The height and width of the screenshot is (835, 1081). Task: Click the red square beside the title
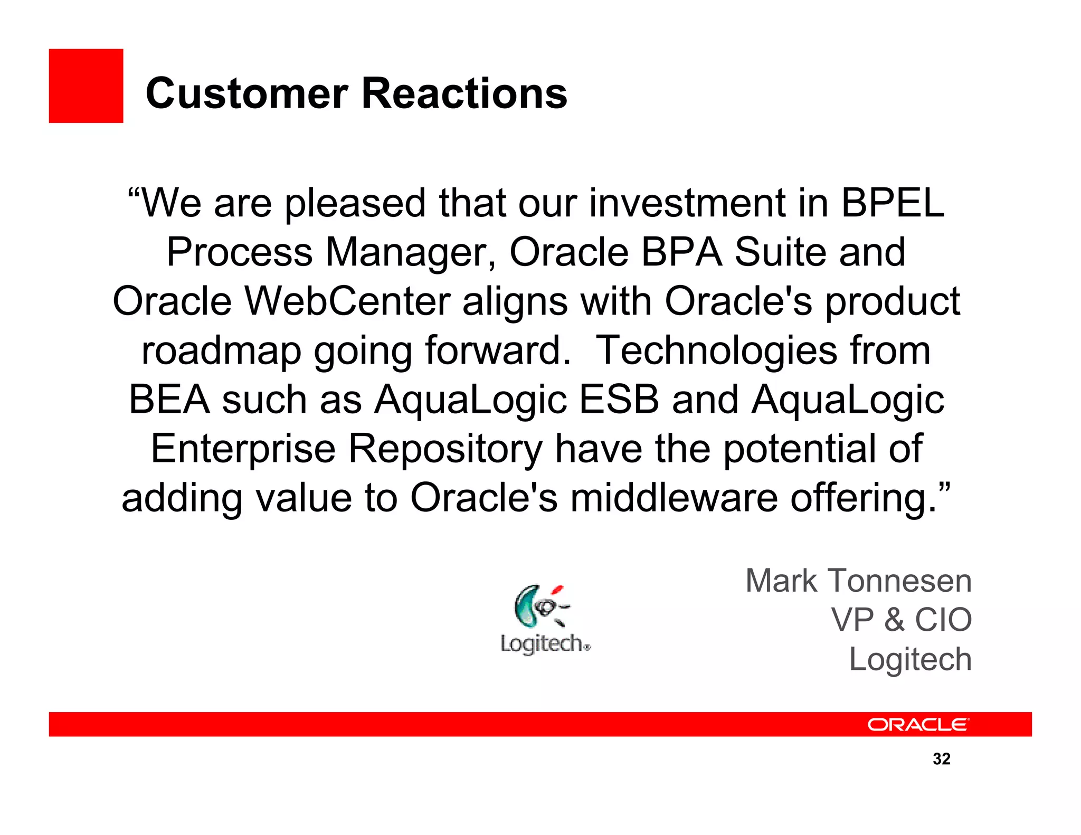coord(86,86)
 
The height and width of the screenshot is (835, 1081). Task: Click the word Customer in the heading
coord(246,93)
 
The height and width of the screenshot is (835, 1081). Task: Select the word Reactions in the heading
coord(464,93)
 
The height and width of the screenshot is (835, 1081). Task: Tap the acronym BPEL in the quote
coord(892,203)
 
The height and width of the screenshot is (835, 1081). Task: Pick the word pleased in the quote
coord(355,204)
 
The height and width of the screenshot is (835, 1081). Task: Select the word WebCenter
coord(348,301)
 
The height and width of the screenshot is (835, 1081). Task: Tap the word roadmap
coord(221,351)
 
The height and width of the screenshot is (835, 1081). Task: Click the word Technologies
coord(716,351)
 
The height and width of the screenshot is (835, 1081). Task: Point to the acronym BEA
coord(169,400)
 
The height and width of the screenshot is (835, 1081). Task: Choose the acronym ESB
coord(619,400)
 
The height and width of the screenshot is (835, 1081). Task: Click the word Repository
coord(445,449)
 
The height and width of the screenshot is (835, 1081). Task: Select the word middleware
coord(674,498)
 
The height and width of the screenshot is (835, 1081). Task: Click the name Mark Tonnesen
coord(858,581)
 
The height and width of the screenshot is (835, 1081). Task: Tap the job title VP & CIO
coord(901,620)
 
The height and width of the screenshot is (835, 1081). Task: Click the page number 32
coord(942,759)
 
